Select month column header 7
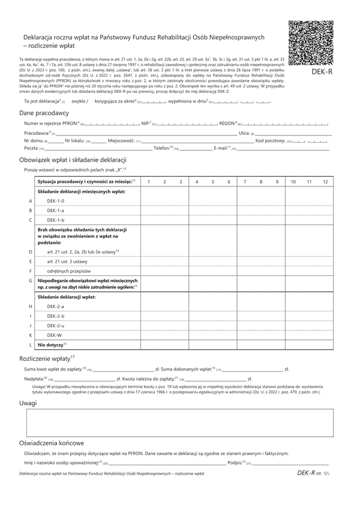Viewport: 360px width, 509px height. pyautogui.click(x=245, y=181)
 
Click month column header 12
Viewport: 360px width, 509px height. pyautogui.click(x=325, y=181)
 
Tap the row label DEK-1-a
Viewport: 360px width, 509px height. pyautogui.click(x=56, y=210)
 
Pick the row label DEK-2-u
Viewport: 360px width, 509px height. pyautogui.click(x=56, y=325)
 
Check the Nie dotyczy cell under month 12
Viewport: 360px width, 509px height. pyautogui.click(x=325, y=345)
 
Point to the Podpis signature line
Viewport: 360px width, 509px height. pyautogui.click(x=291, y=463)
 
